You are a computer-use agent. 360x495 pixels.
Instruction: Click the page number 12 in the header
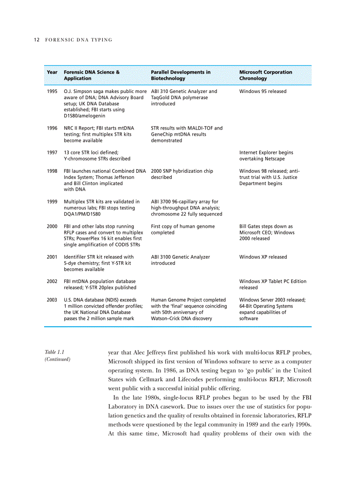point(37,40)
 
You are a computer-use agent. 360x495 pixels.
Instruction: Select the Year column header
point(52,72)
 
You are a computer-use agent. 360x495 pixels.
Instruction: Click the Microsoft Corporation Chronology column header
point(265,75)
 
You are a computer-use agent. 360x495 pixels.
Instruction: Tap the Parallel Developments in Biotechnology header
point(180,75)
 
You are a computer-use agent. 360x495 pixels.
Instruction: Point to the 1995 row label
point(52,92)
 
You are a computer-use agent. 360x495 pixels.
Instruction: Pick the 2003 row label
point(52,300)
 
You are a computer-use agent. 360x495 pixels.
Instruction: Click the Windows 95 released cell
point(262,92)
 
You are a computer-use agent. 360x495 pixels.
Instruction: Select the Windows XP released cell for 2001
point(263,257)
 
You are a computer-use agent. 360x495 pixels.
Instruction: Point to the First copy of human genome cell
point(183,229)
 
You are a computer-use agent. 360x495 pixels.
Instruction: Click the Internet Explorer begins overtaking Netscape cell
point(266,156)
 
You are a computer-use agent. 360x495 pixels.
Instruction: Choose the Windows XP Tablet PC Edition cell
point(272,284)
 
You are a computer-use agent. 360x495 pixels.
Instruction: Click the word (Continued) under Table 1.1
point(57,360)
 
